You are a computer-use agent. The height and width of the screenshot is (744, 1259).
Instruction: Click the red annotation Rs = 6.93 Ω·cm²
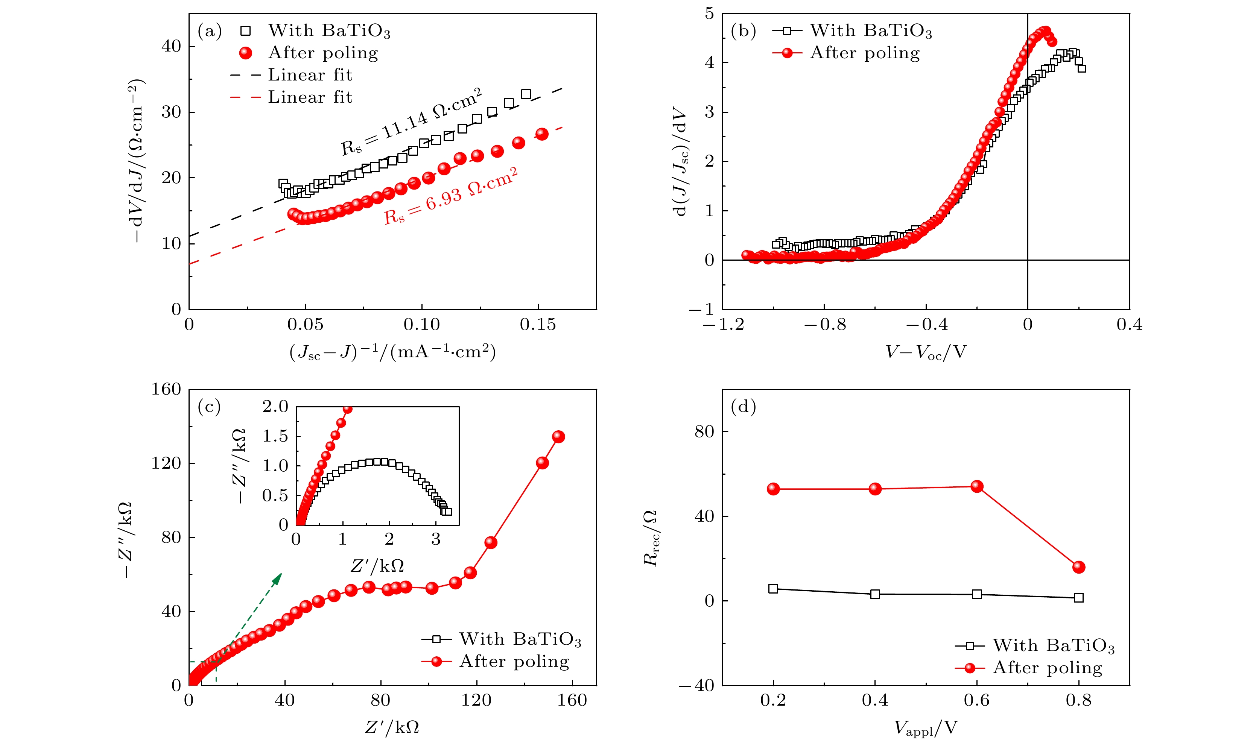click(450, 196)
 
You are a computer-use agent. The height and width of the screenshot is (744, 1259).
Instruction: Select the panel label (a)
click(210, 31)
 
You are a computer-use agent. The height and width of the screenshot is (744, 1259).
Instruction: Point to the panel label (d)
click(743, 407)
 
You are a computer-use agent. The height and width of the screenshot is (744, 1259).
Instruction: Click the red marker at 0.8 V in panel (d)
click(1078, 567)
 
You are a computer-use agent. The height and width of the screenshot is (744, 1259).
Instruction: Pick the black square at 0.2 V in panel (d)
click(773, 589)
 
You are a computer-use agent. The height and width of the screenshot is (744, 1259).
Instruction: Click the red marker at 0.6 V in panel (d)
click(977, 486)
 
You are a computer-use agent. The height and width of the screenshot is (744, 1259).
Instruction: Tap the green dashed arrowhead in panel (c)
click(277, 578)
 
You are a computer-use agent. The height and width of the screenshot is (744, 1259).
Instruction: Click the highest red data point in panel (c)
click(558, 437)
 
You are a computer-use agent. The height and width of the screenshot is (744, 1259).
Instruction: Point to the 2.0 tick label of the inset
click(275, 407)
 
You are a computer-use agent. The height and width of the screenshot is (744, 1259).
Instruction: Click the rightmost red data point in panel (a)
click(541, 134)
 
